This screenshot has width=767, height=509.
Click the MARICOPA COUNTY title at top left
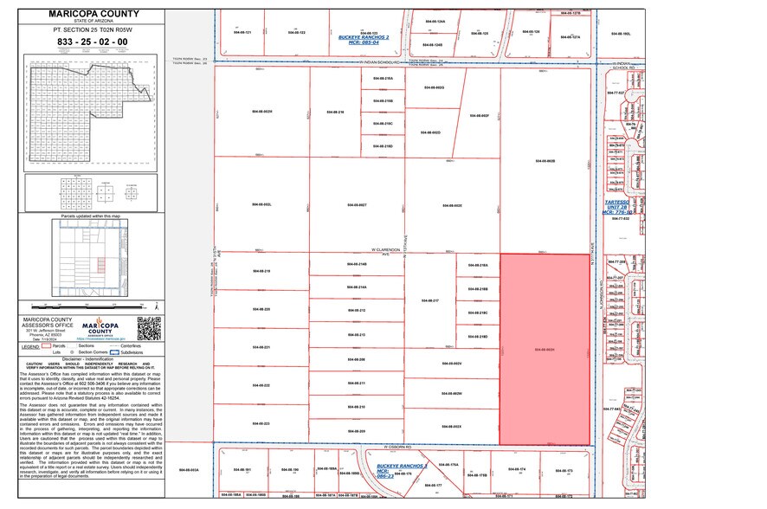point(91,14)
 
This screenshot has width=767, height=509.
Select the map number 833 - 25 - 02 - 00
point(91,42)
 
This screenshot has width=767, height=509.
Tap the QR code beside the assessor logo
point(149,329)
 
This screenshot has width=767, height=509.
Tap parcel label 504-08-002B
point(545,161)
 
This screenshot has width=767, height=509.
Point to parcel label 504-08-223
point(261,423)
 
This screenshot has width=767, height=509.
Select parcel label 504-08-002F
point(479,115)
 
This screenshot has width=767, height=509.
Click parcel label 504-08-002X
point(451,427)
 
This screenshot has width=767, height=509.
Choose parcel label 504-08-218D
point(478,336)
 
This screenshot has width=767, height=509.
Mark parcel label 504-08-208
point(357,358)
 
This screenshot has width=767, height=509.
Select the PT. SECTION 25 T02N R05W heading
point(91,29)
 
